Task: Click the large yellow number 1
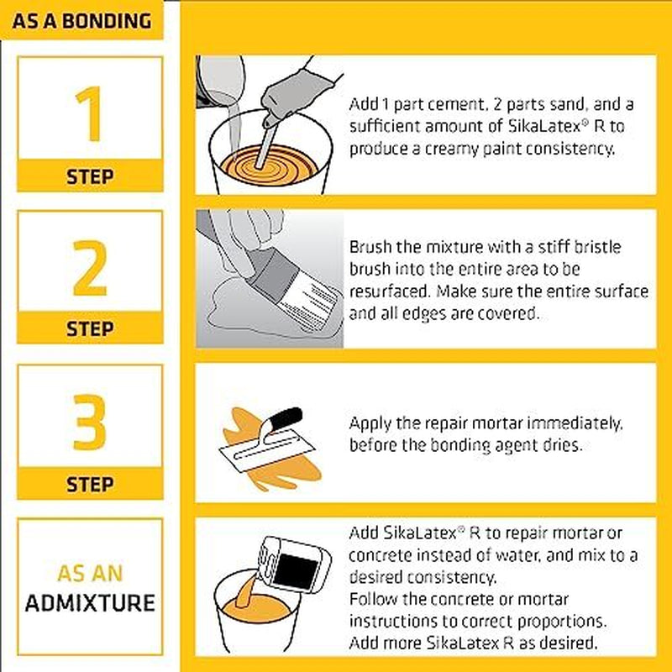91,113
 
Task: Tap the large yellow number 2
90,268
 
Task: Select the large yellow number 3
90,423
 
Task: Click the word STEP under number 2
90,328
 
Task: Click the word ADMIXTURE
90,603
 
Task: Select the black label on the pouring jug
297,571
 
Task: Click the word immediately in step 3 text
575,424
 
